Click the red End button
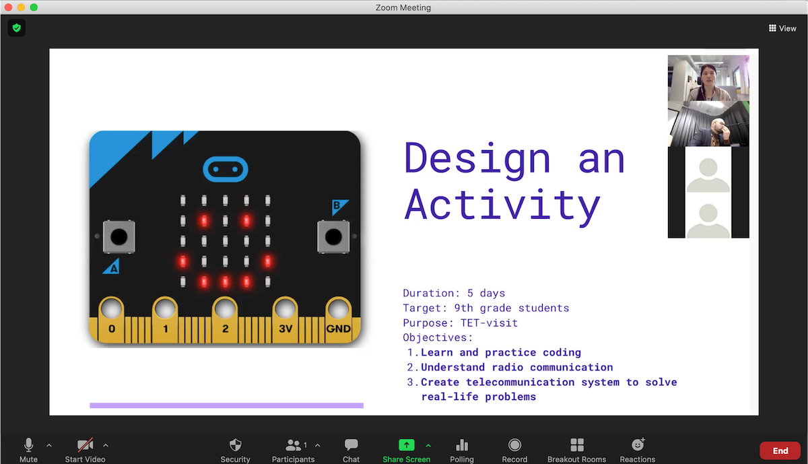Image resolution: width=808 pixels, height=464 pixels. point(780,451)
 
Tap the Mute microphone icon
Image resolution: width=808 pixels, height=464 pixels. point(28,445)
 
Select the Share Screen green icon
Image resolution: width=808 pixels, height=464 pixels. point(407,445)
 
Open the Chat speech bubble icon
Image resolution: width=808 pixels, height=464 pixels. point(351,445)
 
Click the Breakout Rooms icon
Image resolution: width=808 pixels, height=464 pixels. point(577,445)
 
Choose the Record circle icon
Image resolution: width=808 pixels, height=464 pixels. point(514,445)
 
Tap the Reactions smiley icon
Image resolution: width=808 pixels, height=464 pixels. point(638,444)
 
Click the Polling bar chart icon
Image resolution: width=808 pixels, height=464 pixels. point(462,445)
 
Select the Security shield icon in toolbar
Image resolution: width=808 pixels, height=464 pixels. point(236,445)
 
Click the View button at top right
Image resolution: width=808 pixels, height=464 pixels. point(782,28)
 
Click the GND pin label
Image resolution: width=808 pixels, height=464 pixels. point(338,329)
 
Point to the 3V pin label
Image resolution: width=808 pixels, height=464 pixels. point(285,329)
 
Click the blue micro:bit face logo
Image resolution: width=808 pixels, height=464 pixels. point(226,169)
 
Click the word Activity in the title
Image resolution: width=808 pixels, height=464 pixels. point(502,205)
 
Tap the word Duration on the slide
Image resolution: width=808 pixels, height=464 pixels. point(428,293)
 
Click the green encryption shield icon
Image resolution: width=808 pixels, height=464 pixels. point(17,28)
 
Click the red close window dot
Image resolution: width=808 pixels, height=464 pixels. point(8,7)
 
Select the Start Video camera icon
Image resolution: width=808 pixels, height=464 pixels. point(85,445)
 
